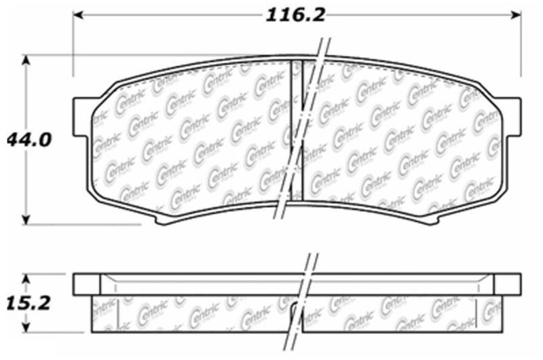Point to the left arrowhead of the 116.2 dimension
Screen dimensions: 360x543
click(77, 14)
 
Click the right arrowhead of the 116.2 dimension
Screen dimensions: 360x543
click(517, 14)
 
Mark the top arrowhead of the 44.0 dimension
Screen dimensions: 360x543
click(26, 60)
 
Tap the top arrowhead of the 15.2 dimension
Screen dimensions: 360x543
click(26, 278)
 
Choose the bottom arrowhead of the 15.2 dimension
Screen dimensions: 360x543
click(26, 328)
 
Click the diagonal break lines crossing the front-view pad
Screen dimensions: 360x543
click(299, 136)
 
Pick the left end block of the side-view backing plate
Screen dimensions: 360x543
click(86, 283)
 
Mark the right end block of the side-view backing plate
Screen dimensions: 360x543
click(507, 283)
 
